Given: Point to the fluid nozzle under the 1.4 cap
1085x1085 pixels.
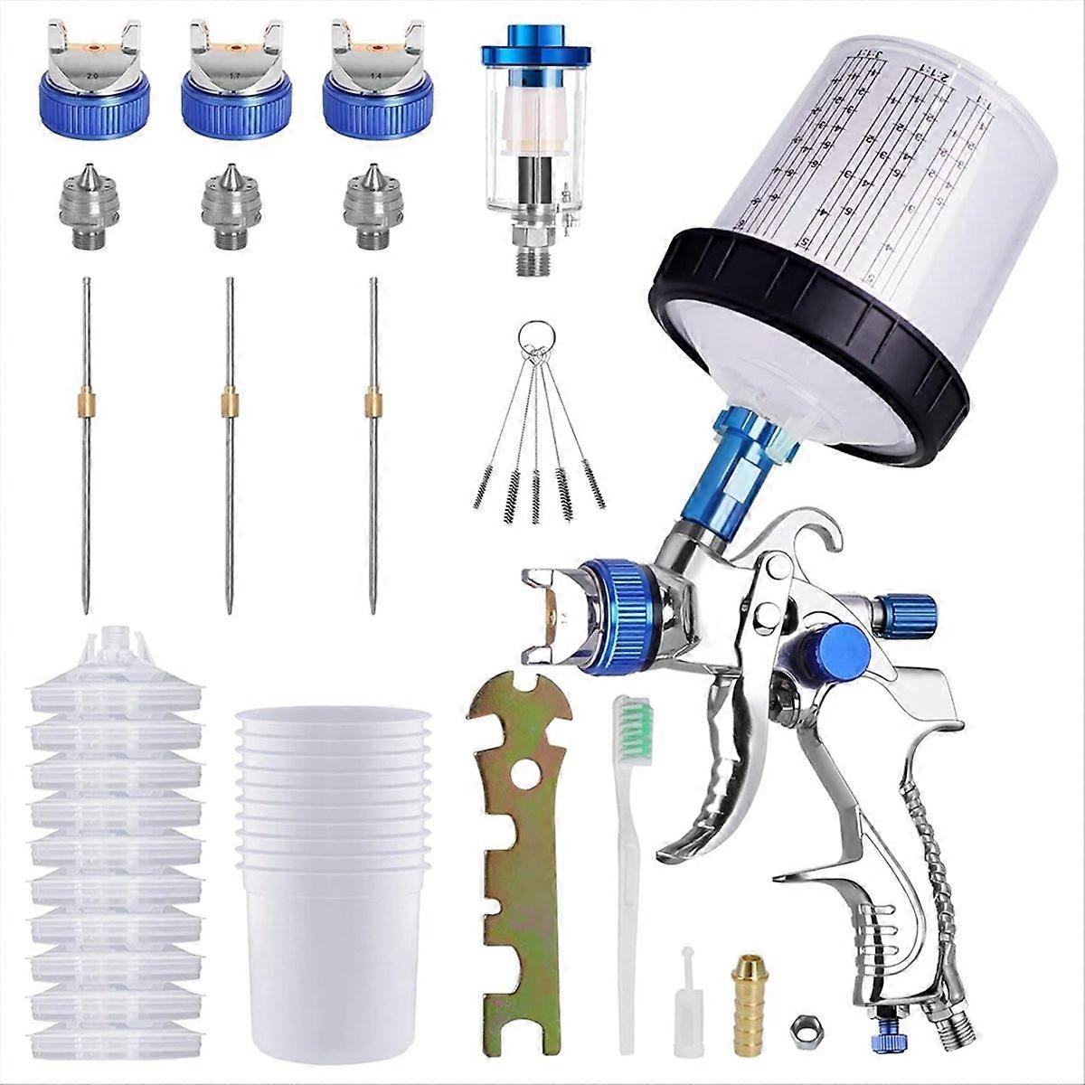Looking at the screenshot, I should (373, 207).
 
